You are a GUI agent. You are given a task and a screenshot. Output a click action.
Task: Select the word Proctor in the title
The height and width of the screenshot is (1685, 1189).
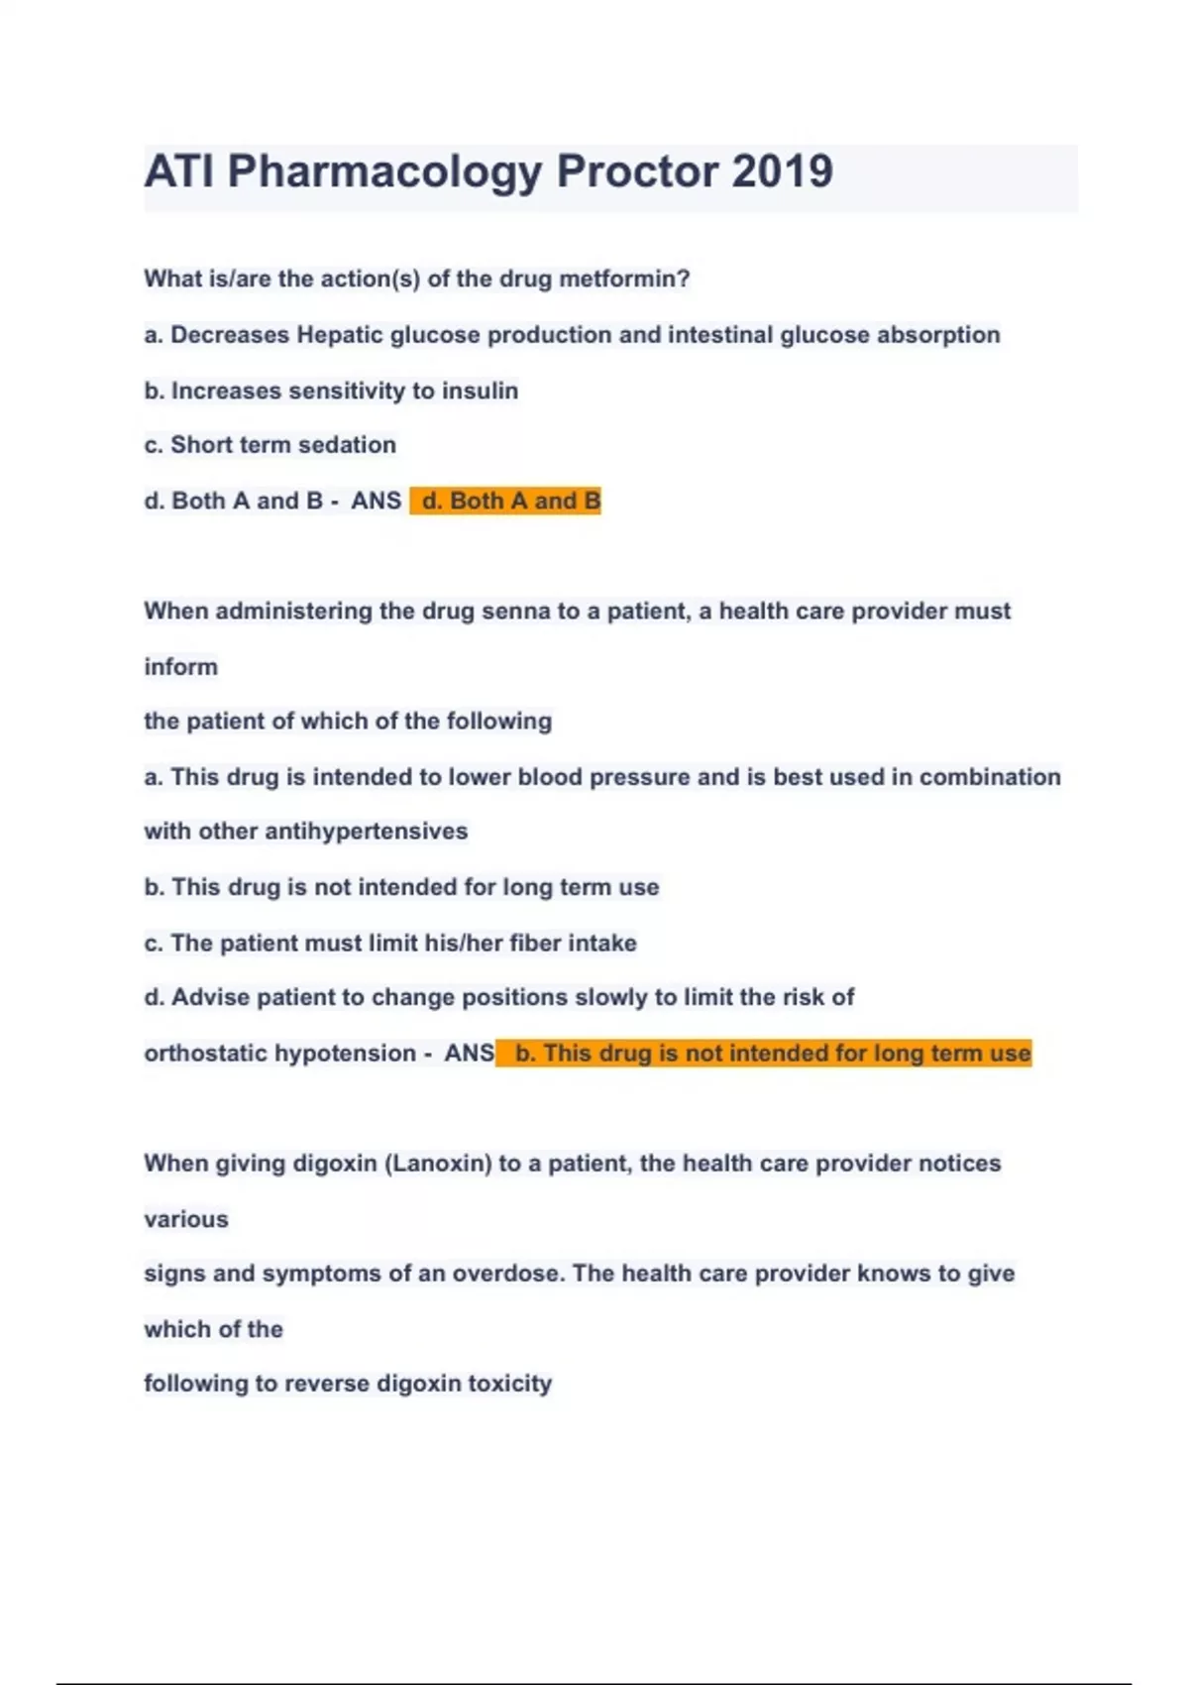637,171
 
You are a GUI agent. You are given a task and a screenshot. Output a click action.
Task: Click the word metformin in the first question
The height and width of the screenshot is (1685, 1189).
624,279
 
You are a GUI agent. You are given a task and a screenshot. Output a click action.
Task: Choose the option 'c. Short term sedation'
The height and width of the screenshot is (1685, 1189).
270,445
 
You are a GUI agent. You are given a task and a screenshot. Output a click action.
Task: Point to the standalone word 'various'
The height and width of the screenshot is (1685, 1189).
186,1218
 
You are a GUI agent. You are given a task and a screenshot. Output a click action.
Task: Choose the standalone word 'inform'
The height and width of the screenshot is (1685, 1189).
180,666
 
